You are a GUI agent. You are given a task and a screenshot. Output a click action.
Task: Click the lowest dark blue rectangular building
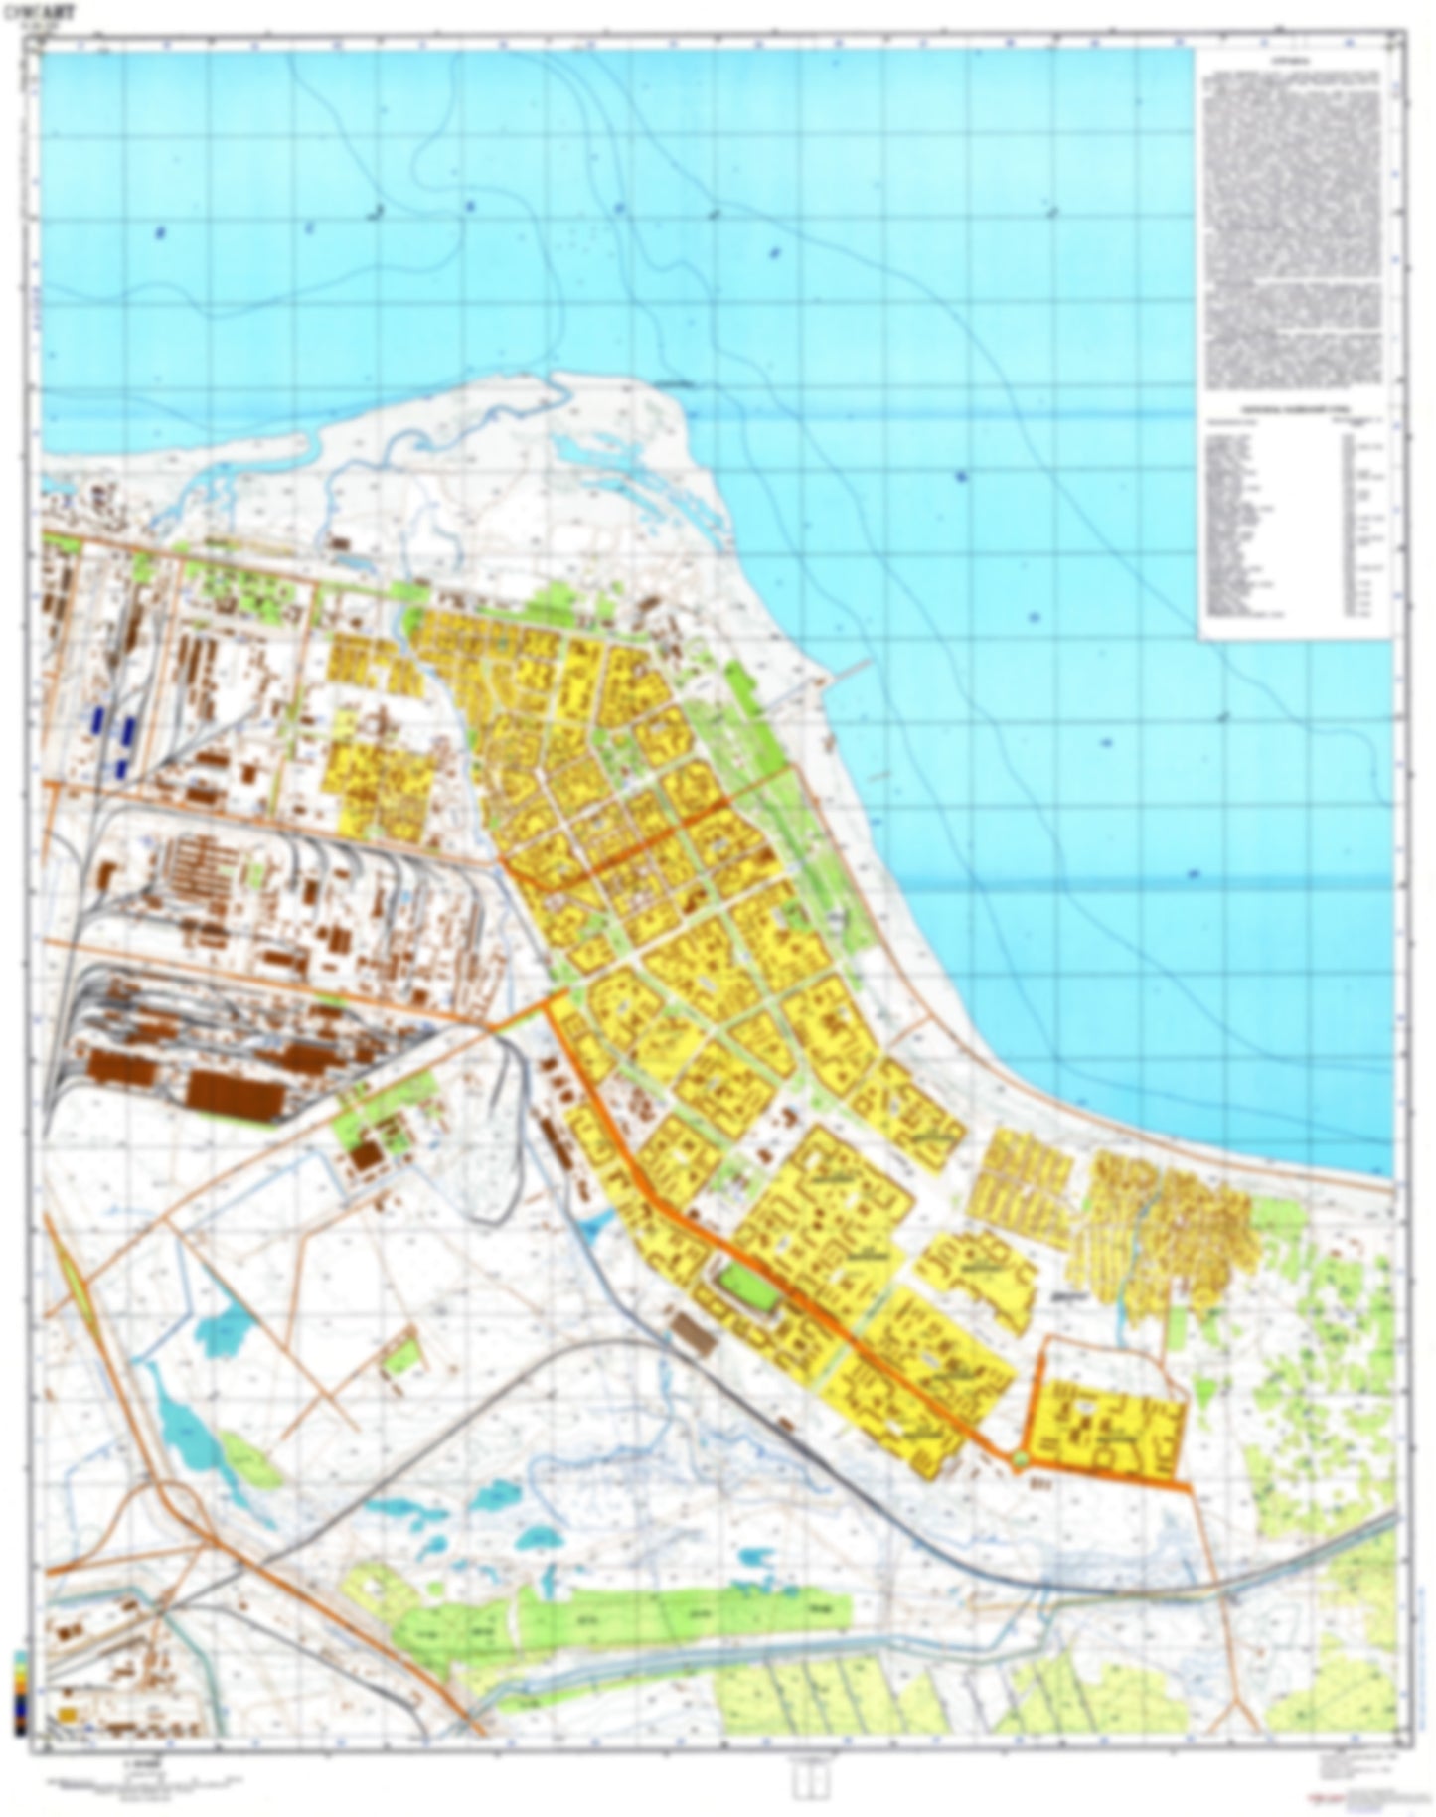(x=119, y=766)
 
